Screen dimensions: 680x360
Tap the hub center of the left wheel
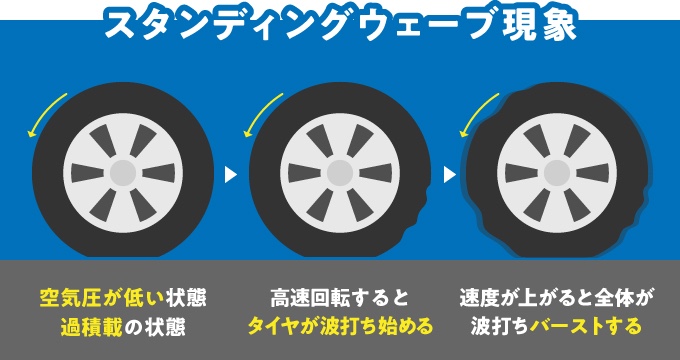(x=123, y=173)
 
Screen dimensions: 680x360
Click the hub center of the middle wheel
(x=340, y=173)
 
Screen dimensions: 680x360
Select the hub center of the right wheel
(x=557, y=173)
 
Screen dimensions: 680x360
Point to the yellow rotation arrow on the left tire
(x=43, y=112)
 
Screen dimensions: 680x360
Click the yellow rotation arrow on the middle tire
(x=260, y=112)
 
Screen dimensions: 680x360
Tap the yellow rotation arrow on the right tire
(x=477, y=112)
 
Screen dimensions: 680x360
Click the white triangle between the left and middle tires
(x=231, y=175)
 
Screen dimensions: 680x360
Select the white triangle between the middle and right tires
(x=449, y=175)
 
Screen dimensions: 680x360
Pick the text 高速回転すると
(x=340, y=299)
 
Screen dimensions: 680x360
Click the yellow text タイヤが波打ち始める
(x=340, y=327)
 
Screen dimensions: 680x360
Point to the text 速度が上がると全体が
(x=557, y=299)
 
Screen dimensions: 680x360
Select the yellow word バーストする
(x=585, y=327)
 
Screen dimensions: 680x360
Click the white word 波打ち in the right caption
(x=500, y=327)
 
